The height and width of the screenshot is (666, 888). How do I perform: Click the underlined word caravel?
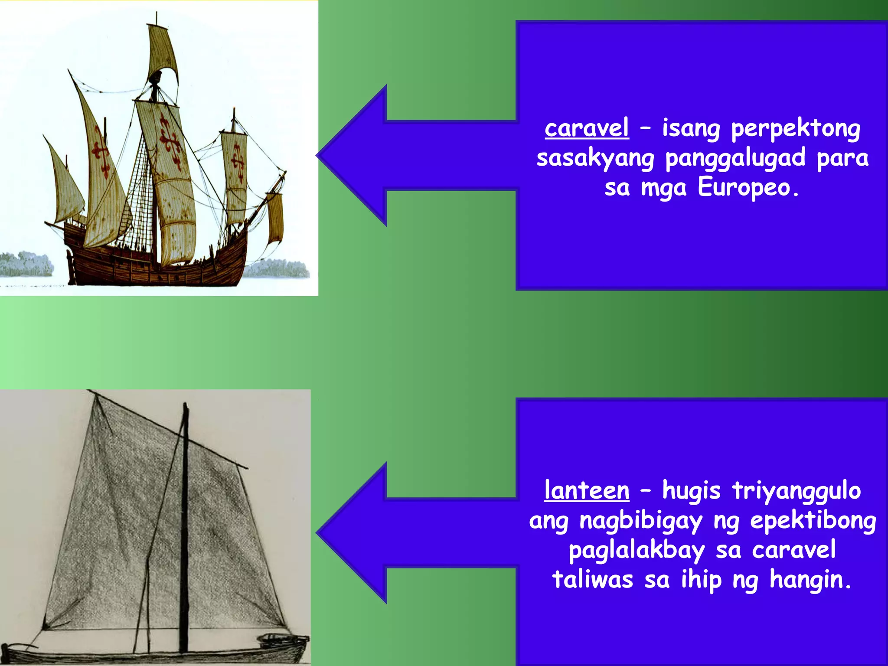pyautogui.click(x=586, y=128)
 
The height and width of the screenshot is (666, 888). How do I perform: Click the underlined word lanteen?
pyautogui.click(x=586, y=491)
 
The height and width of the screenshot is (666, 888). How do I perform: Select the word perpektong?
pyautogui.click(x=796, y=129)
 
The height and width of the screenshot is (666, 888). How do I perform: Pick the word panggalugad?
pyautogui.click(x=735, y=158)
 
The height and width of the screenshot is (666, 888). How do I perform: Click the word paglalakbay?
pyautogui.click(x=637, y=551)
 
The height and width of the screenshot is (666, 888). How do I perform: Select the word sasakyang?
pyautogui.click(x=595, y=158)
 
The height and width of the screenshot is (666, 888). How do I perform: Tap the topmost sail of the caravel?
pyautogui.click(x=162, y=50)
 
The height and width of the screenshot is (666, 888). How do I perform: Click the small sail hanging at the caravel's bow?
pyautogui.click(x=275, y=217)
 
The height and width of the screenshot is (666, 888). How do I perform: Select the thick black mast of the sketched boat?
pyautogui.click(x=184, y=520)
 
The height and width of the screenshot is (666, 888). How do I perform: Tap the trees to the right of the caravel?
pyautogui.click(x=277, y=269)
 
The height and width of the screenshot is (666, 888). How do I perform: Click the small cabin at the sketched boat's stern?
pyautogui.click(x=277, y=638)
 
